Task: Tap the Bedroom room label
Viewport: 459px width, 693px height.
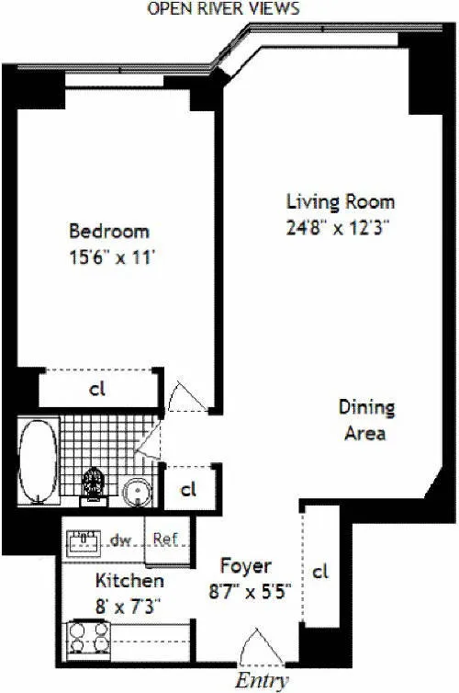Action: [109, 232]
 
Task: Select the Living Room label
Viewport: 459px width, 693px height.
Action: [340, 202]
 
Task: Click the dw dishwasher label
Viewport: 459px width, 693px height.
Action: [119, 540]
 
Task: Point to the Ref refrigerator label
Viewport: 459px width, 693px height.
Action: [165, 540]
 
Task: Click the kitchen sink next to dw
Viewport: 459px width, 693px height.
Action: [85, 541]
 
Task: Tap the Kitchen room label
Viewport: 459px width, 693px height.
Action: [129, 581]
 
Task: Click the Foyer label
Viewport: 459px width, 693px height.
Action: [245, 567]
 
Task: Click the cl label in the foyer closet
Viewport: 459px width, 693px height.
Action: [320, 572]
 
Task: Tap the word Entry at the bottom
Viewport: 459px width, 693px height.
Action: [263, 681]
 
